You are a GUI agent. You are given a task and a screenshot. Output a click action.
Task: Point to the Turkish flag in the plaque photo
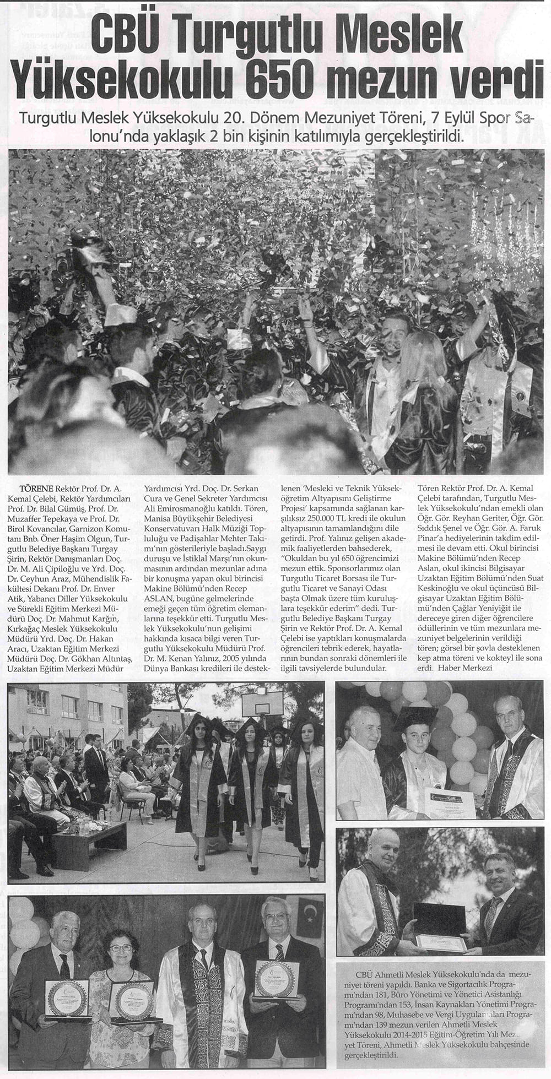tap(309, 917)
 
